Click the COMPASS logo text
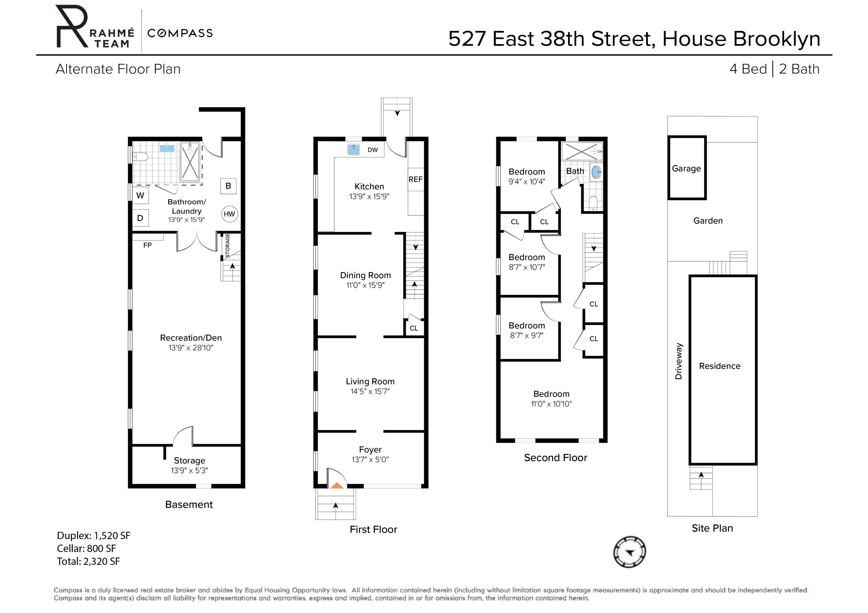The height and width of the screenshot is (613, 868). coord(180,33)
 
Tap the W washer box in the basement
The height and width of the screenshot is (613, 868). coord(140,196)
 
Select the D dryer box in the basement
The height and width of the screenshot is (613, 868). coord(140,218)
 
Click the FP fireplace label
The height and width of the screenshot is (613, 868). coord(147,245)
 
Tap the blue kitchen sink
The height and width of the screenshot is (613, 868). coord(353,150)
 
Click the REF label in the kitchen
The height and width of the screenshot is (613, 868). coord(415,179)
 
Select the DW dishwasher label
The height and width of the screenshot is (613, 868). coord(372,150)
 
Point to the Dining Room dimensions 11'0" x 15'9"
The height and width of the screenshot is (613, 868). coord(365,285)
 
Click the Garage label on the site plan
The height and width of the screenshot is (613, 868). coord(686,169)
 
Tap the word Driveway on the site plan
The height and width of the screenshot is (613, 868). coord(678,361)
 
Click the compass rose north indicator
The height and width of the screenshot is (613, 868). coord(629,552)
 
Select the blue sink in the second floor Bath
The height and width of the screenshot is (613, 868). coord(596,172)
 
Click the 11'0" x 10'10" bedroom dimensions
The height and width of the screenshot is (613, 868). coord(551,404)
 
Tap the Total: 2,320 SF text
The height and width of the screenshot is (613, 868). coord(88,561)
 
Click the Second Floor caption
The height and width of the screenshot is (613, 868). coord(555,458)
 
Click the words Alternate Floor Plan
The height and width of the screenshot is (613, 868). coord(118,69)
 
